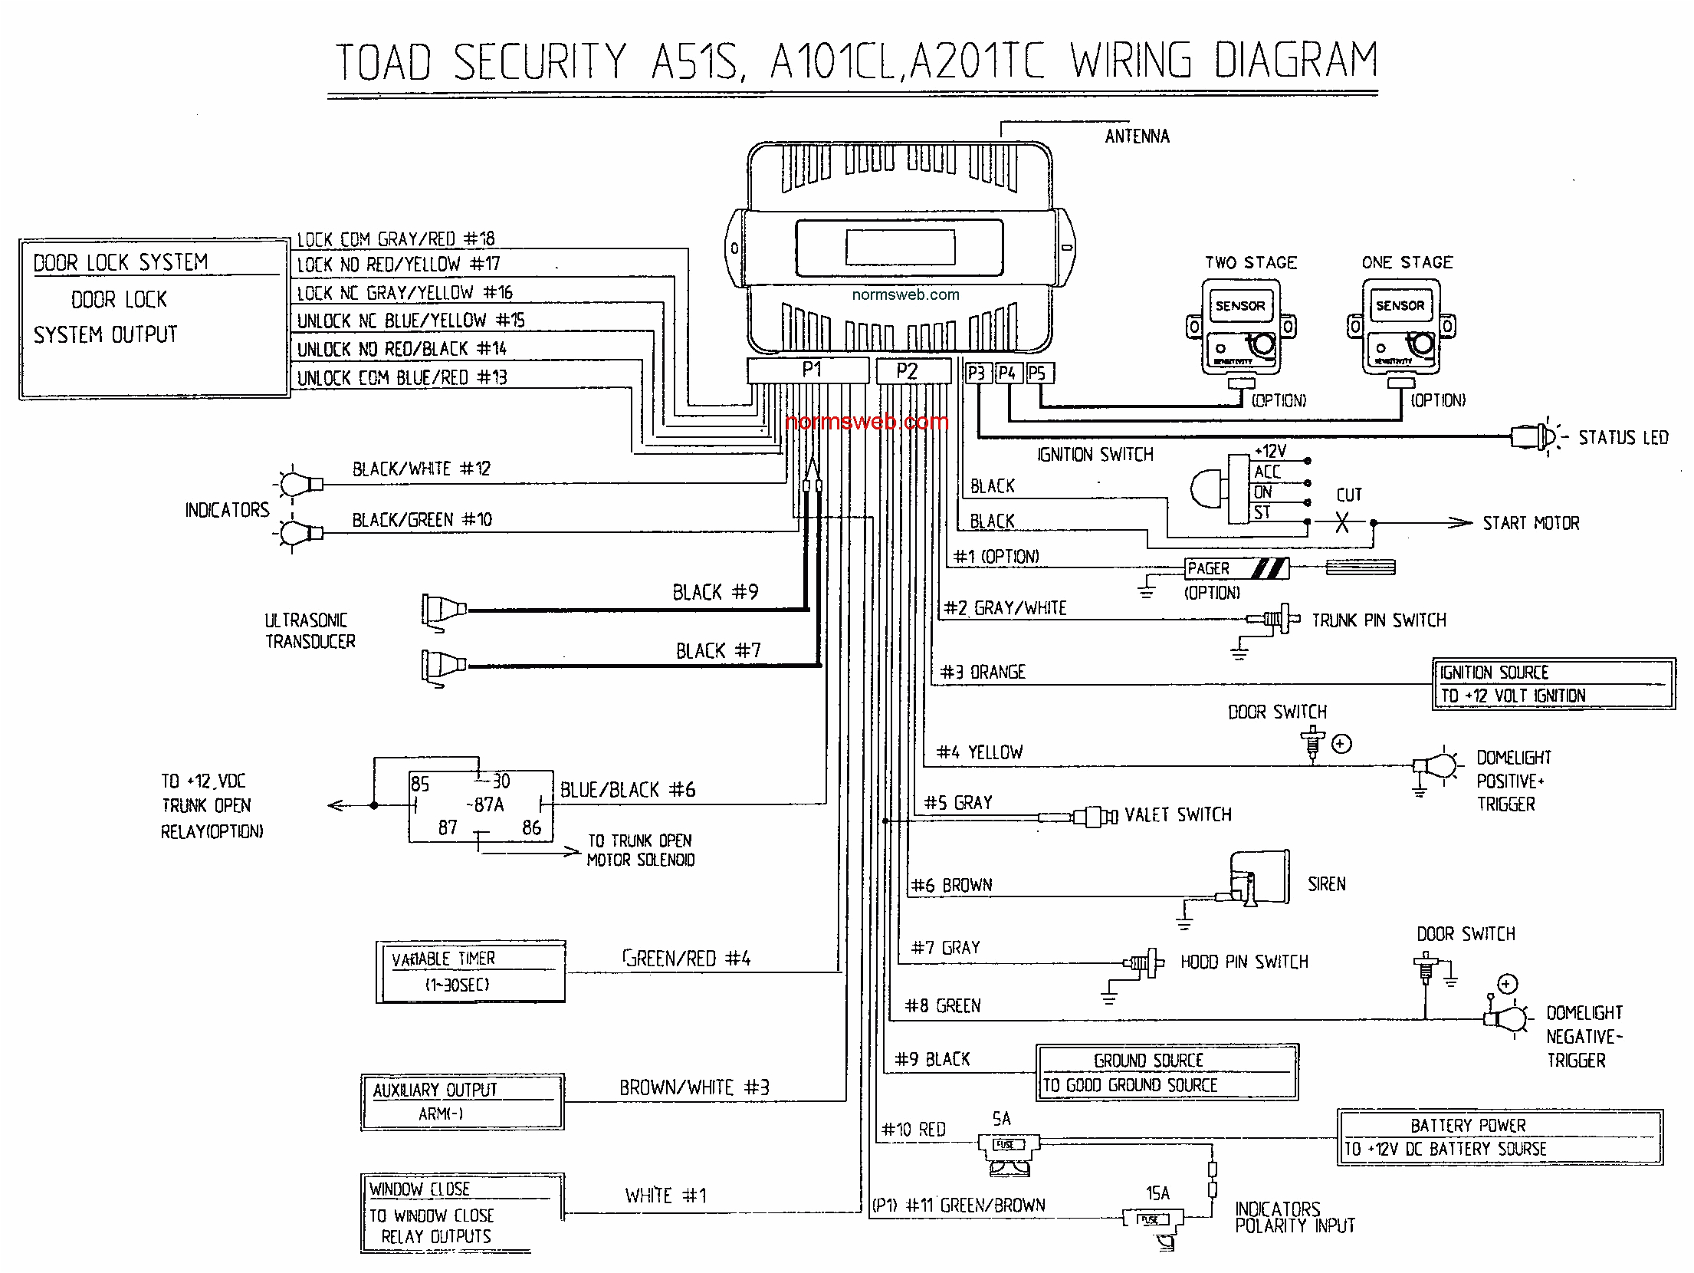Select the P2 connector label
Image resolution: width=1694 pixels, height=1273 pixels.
click(907, 372)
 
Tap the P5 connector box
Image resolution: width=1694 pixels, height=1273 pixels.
click(1039, 373)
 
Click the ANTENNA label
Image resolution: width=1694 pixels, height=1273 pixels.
click(1137, 137)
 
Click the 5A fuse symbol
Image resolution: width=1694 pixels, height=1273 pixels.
click(1007, 1145)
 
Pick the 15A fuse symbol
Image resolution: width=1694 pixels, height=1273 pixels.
click(1152, 1219)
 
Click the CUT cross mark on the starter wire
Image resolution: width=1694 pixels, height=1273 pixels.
click(1342, 522)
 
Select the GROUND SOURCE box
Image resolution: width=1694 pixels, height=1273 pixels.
click(1166, 1072)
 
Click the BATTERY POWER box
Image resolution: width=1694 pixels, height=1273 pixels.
click(1499, 1137)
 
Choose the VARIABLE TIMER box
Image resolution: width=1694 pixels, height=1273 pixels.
click(471, 972)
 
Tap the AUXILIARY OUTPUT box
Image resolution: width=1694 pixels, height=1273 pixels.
click(463, 1101)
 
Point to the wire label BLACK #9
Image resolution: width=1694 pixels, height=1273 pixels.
click(715, 593)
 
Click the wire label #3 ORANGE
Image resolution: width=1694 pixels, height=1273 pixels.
click(983, 673)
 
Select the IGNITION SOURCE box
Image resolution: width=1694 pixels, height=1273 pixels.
click(1553, 684)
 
